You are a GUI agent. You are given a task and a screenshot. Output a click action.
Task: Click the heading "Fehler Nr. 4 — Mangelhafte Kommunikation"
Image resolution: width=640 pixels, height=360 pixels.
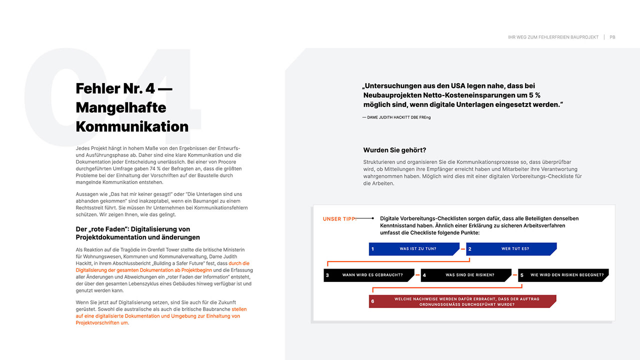132,107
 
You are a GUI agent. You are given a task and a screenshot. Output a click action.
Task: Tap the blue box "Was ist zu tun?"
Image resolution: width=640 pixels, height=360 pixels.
414,248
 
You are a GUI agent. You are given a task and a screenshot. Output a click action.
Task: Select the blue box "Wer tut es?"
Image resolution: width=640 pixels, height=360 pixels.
511,248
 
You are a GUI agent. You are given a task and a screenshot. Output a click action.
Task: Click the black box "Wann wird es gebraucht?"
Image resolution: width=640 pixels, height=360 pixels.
369,275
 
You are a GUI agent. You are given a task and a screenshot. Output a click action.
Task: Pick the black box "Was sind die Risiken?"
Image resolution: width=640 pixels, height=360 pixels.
466,275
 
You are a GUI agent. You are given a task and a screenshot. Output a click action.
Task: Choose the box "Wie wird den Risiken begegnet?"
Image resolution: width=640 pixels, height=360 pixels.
563,275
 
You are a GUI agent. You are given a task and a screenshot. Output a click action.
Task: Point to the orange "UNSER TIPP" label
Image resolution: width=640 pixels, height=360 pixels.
339,219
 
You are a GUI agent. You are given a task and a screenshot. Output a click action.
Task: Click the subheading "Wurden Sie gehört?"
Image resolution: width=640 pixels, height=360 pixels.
394,150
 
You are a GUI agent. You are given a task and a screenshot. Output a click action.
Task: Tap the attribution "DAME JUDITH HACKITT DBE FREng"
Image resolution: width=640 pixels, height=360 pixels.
396,117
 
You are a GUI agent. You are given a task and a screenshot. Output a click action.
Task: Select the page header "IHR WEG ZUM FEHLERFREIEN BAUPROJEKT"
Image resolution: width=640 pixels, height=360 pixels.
553,37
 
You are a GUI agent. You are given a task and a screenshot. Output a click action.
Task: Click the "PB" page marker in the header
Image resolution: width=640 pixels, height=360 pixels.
612,37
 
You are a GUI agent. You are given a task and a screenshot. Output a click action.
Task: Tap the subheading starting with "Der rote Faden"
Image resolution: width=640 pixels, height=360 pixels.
137,233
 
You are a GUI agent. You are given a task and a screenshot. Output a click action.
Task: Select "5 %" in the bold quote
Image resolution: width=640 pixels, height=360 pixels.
533,95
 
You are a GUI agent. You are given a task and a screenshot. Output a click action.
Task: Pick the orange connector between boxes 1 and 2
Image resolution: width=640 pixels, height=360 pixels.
462,248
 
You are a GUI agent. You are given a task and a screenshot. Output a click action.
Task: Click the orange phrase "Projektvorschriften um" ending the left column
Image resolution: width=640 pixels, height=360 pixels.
102,322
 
